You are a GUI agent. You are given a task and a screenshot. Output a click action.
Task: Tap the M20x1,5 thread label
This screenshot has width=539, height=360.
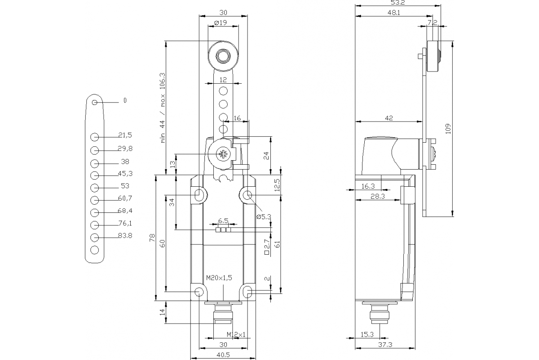tap(219, 278)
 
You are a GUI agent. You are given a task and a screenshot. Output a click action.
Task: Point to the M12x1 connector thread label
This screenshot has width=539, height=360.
tap(236, 334)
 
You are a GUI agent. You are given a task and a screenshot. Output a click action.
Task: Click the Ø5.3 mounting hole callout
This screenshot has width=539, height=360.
tap(264, 216)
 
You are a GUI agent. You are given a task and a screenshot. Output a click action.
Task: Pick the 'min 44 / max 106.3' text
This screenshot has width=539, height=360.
tap(163, 108)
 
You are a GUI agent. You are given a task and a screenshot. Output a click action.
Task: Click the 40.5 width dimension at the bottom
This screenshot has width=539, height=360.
tap(223, 355)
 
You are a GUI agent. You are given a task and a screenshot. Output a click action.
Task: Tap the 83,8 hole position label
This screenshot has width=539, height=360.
tap(125, 235)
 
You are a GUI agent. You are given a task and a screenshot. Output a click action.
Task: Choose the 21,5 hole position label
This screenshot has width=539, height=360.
tap(125, 135)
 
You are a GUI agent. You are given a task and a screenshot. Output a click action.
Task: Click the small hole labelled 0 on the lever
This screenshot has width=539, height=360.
tap(94, 103)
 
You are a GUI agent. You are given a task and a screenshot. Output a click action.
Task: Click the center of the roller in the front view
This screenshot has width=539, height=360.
tap(222, 56)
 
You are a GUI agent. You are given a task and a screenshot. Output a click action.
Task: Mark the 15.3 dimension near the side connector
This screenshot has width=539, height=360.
tap(367, 334)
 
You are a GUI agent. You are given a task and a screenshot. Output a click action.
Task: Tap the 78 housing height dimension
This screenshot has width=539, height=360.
tap(152, 237)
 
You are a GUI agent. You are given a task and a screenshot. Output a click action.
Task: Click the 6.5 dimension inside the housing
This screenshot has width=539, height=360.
tap(223, 221)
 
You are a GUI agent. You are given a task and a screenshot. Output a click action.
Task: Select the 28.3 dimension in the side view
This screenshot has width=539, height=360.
tap(377, 196)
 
